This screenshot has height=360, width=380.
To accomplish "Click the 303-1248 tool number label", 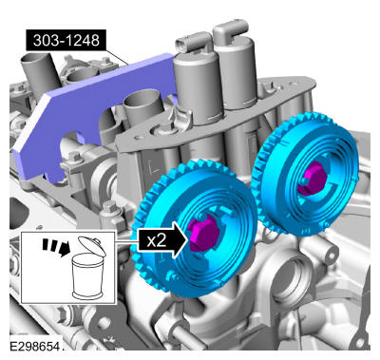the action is pos(66,41).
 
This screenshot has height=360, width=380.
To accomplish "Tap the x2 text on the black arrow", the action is pos(157,240).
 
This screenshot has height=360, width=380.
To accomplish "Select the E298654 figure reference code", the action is pos(34,346).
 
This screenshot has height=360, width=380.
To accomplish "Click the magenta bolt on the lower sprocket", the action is pos(204,233).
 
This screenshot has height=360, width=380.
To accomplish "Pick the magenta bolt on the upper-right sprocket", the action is pos(312,178).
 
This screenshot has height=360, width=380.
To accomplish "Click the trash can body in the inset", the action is pos(87,276).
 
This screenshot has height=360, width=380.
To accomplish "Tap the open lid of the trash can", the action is pos(92,245).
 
